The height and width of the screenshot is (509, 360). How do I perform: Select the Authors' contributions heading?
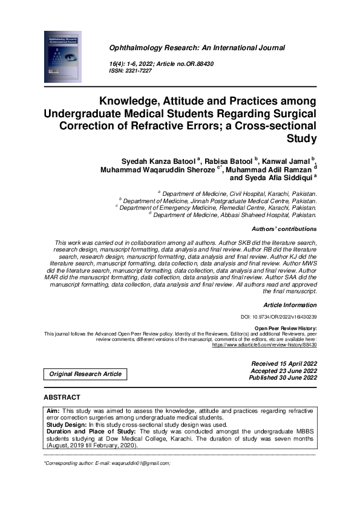[284, 230]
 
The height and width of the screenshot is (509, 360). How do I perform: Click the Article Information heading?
[290, 305]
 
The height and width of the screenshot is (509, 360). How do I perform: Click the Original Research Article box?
[85, 374]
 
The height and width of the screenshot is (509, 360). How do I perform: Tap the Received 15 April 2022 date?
[284, 363]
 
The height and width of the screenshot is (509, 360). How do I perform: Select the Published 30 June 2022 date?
[283, 378]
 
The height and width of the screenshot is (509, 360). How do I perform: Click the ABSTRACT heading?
[62, 397]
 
